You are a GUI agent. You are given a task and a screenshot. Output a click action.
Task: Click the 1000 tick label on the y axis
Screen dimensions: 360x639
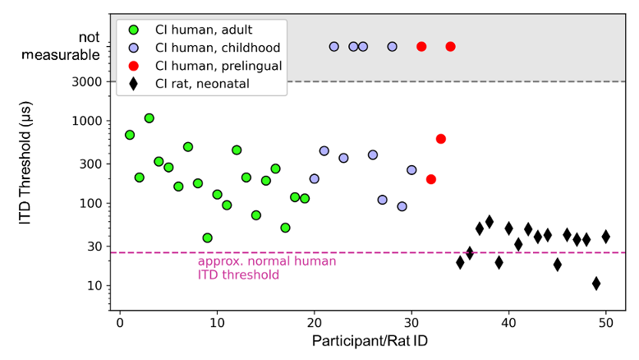(x=89, y=121)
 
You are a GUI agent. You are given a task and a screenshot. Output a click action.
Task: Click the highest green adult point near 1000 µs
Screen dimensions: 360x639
(x=149, y=118)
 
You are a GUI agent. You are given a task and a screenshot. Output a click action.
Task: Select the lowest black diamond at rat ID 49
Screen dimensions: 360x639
(x=596, y=284)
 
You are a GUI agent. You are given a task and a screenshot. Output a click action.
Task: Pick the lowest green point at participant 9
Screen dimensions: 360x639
(x=207, y=238)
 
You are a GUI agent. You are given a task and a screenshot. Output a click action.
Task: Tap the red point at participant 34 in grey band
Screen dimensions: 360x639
(x=450, y=47)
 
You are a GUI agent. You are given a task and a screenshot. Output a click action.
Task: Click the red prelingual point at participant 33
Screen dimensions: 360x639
(x=441, y=139)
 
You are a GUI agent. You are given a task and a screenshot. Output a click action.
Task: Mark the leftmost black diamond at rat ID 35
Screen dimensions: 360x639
(x=460, y=262)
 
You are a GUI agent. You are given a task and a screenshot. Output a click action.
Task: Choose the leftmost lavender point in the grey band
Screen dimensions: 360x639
(x=333, y=47)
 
